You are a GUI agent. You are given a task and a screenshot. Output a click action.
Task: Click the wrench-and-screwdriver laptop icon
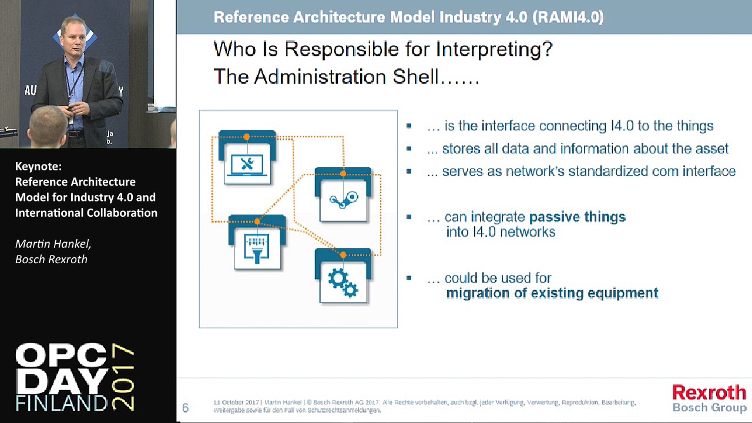(247, 164)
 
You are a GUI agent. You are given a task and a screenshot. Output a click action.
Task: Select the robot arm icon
(344, 200)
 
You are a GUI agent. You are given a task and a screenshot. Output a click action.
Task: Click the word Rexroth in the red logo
(709, 393)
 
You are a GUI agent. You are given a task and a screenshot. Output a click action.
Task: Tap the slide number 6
(186, 408)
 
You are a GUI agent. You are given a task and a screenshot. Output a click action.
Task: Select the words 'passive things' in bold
(577, 217)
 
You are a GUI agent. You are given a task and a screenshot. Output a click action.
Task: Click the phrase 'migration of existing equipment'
(552, 293)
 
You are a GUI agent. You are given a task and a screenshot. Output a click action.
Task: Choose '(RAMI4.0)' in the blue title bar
(568, 17)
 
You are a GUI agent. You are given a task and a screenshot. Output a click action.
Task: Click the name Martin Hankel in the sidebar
(53, 243)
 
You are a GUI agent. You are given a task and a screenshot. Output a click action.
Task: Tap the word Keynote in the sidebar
(38, 166)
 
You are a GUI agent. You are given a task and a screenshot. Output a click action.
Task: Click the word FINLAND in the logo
(62, 402)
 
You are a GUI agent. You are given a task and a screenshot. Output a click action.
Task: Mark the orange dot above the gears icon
(343, 254)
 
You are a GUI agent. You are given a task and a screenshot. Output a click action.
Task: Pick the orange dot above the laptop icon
(247, 137)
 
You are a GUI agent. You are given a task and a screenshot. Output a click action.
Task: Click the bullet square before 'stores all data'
(409, 149)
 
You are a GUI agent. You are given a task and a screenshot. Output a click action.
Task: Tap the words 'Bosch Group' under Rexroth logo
(709, 407)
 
